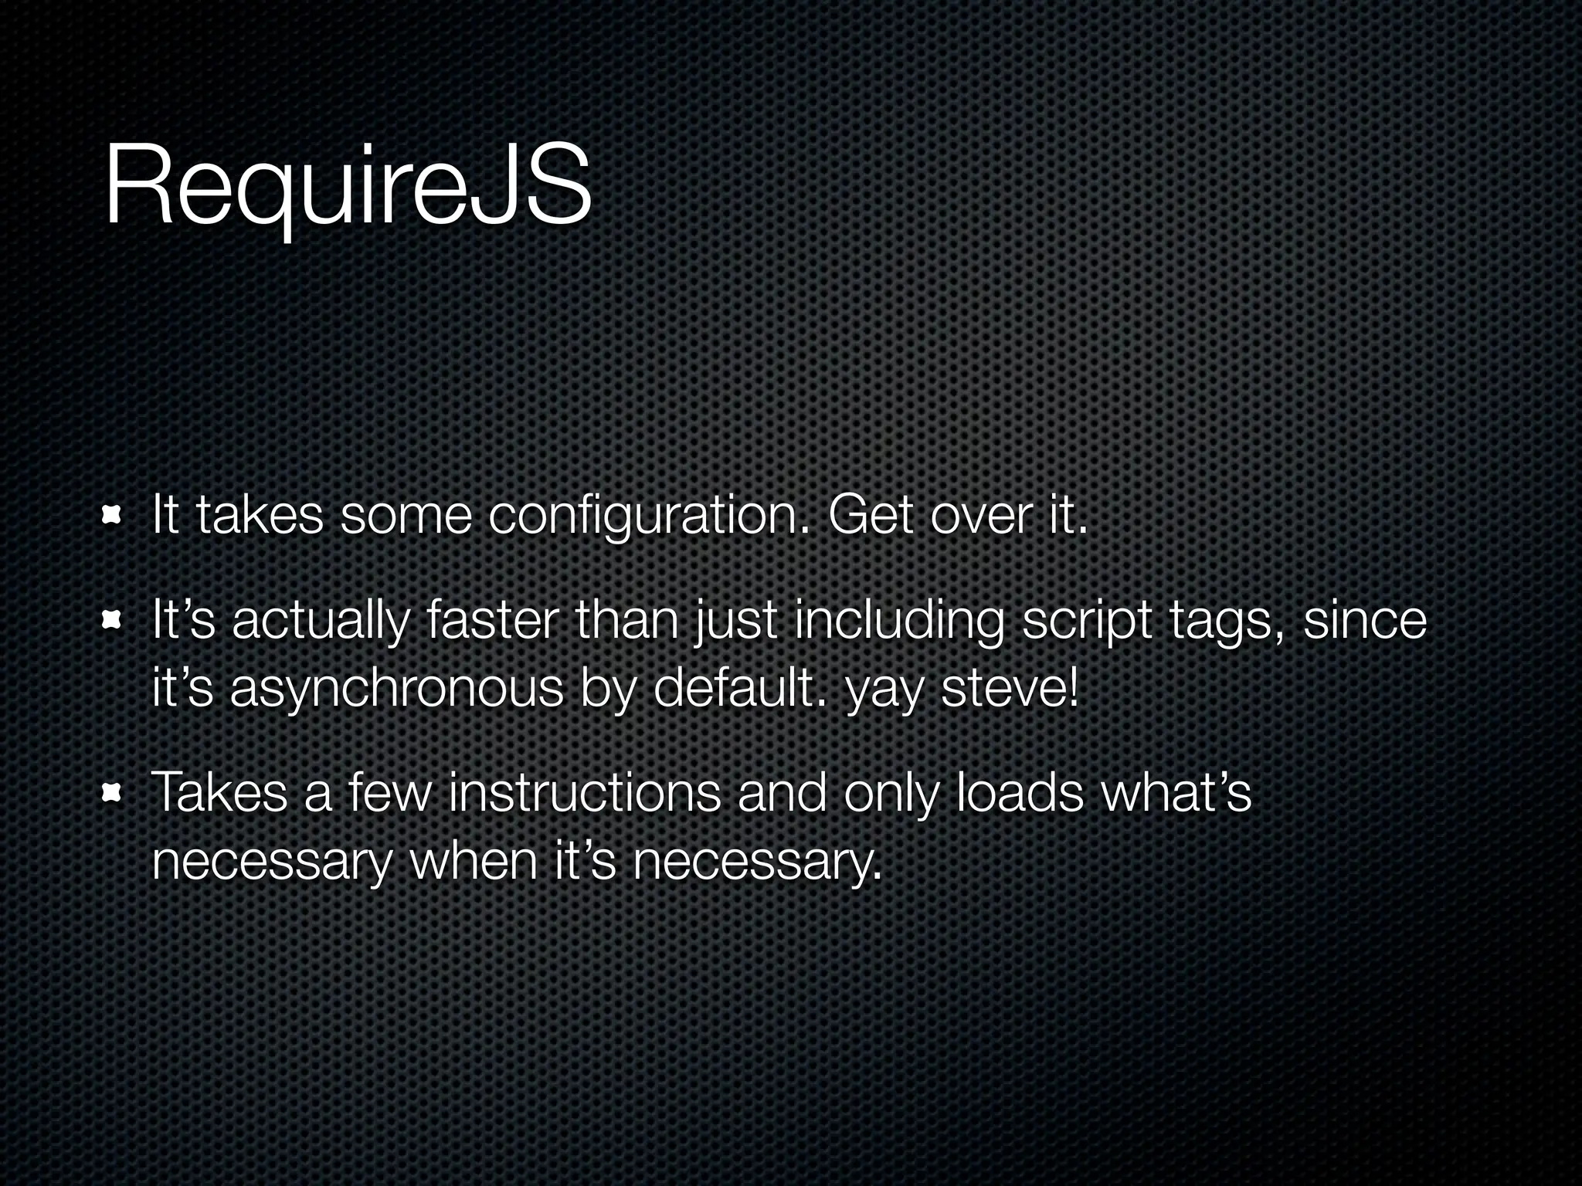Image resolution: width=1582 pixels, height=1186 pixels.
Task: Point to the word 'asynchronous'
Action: [397, 690]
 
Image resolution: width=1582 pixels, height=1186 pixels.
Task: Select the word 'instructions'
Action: [584, 793]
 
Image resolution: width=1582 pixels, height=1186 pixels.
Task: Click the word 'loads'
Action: [1020, 793]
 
